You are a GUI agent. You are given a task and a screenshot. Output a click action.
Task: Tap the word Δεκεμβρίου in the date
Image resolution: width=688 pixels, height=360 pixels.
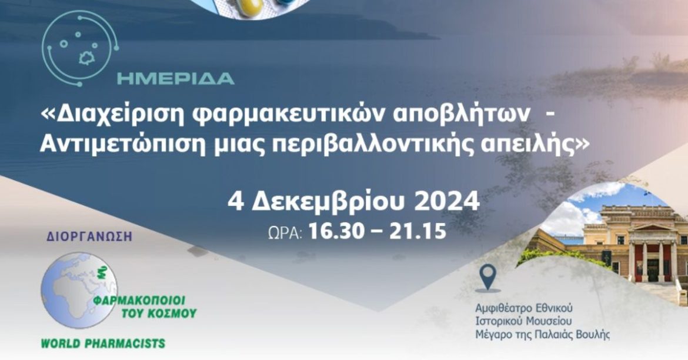coord(328,202)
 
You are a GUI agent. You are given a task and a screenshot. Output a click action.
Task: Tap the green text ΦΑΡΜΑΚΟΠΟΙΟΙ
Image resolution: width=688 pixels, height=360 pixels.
coord(145,298)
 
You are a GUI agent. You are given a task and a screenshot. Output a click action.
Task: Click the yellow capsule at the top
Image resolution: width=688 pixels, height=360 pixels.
coord(258,5)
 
